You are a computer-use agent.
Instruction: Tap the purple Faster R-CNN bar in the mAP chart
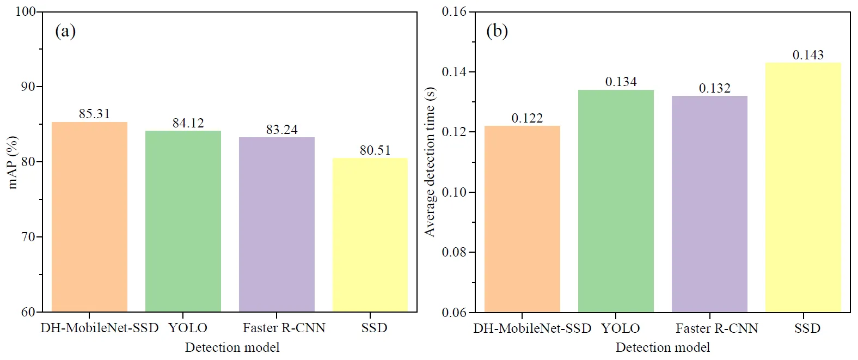277,224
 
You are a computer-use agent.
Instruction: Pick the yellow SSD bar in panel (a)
370,235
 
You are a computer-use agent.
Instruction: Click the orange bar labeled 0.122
522,219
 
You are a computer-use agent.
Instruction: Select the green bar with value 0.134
616,201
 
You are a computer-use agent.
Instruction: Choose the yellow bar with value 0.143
803,187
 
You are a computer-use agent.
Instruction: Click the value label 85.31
94,114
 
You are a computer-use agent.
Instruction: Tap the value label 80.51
375,150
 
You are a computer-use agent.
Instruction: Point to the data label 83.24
281,130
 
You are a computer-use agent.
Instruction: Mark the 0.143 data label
808,55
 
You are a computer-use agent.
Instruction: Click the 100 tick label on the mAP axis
25,11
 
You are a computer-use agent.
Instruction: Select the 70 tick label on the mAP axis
28,237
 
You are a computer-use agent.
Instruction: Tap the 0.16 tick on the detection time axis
454,11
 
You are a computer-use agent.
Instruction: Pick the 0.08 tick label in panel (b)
454,252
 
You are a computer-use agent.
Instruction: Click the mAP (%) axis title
13,162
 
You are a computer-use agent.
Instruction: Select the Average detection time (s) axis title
430,162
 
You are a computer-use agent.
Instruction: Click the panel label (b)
497,31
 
